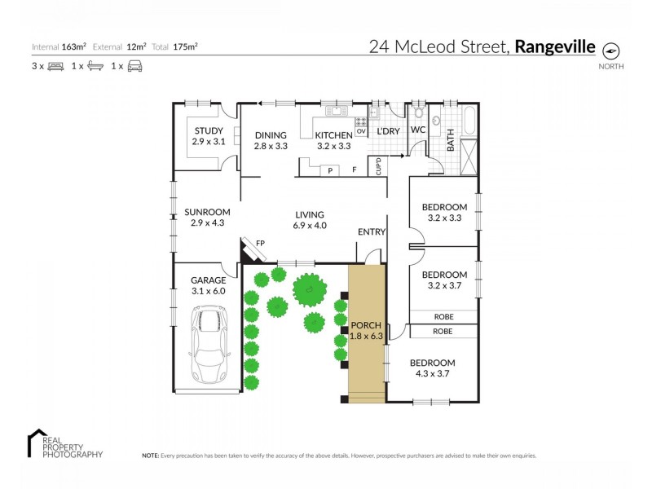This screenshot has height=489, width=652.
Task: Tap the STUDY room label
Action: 208,130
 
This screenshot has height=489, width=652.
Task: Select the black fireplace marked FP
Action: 248,248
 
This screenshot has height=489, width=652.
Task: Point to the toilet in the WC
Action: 418,114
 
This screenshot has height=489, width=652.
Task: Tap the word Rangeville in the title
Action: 554,46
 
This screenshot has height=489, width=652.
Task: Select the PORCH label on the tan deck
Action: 365,324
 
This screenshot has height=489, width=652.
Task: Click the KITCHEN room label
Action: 333,135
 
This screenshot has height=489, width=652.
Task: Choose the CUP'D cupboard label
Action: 379,166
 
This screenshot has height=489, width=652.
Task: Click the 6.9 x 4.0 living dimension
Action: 310,226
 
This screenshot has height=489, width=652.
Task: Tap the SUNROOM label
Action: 207,212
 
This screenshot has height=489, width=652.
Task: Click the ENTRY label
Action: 371,232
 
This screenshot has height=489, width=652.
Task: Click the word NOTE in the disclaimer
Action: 151,456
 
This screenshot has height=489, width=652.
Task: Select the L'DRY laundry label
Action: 388,131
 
